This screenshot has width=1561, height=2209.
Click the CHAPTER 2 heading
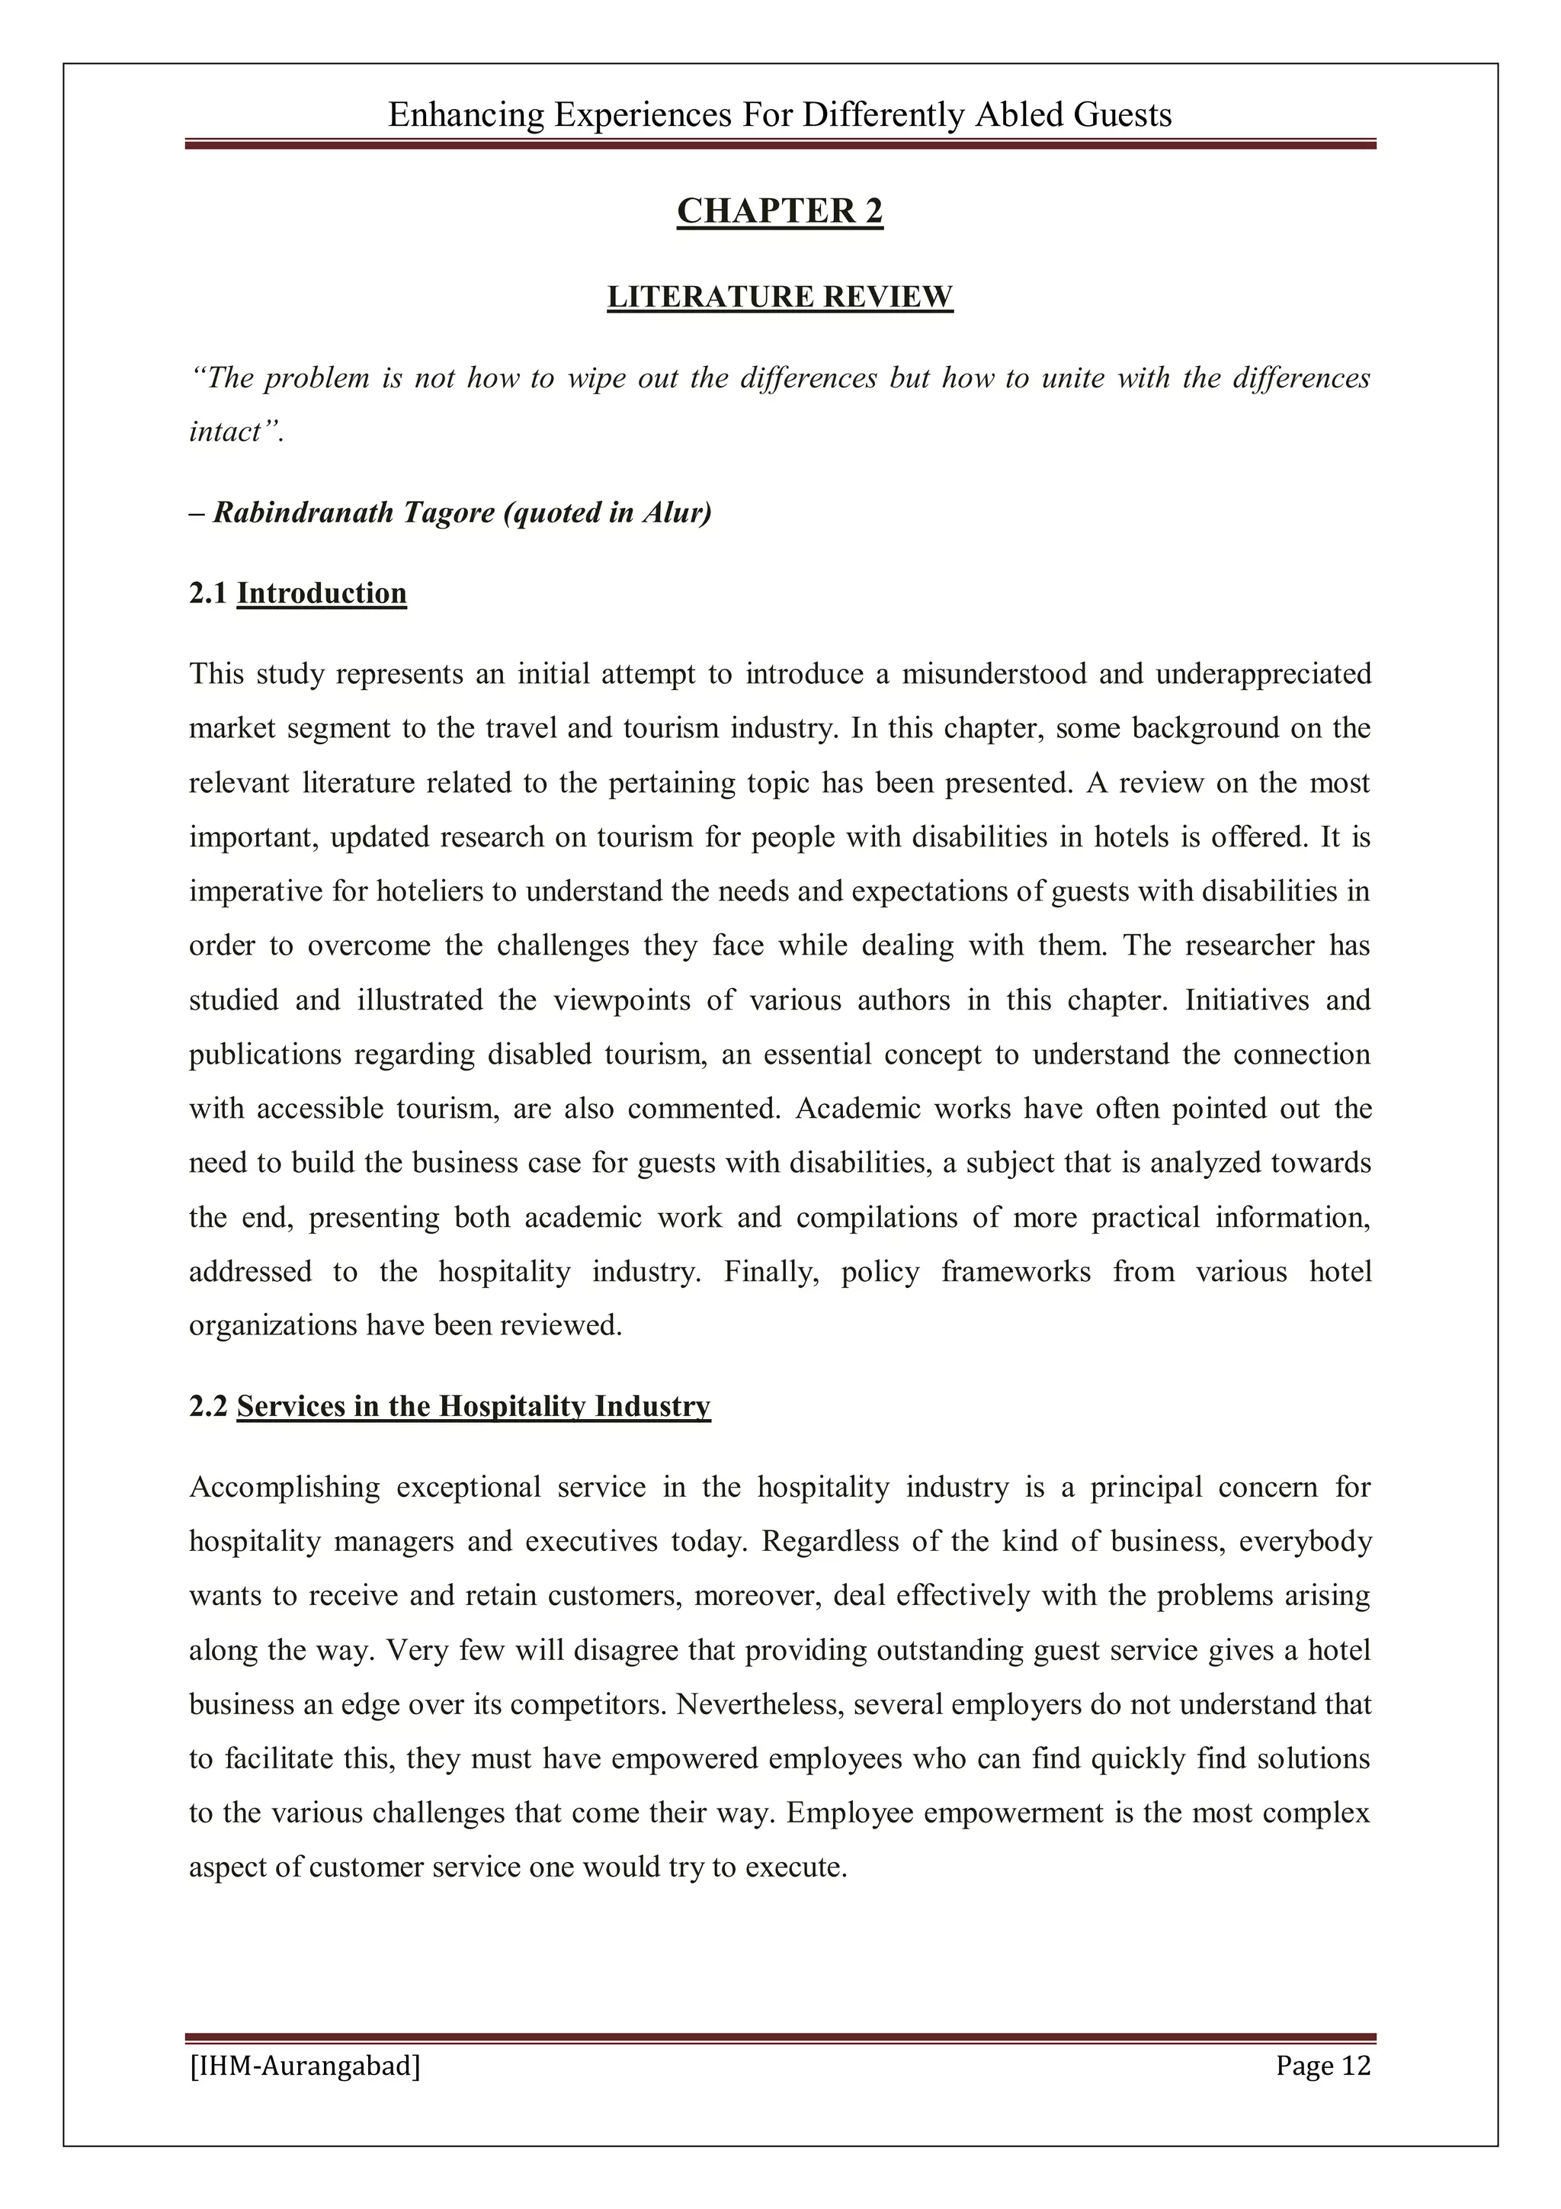(x=779, y=210)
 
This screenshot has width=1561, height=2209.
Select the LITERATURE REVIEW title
(x=779, y=297)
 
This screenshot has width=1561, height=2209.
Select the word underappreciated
(x=1263, y=673)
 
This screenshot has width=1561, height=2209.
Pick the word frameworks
(x=1016, y=1271)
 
